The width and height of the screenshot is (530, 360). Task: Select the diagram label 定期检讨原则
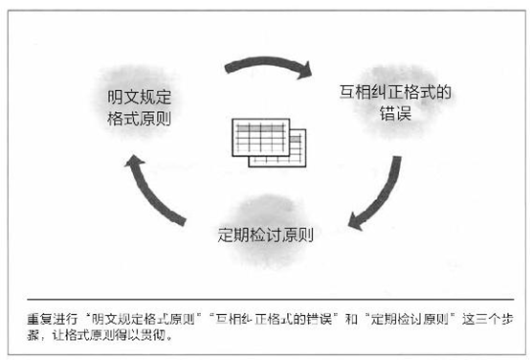[266, 233]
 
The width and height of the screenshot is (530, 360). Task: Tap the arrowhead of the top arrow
[304, 71]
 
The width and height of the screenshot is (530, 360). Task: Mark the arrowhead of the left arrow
[131, 164]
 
